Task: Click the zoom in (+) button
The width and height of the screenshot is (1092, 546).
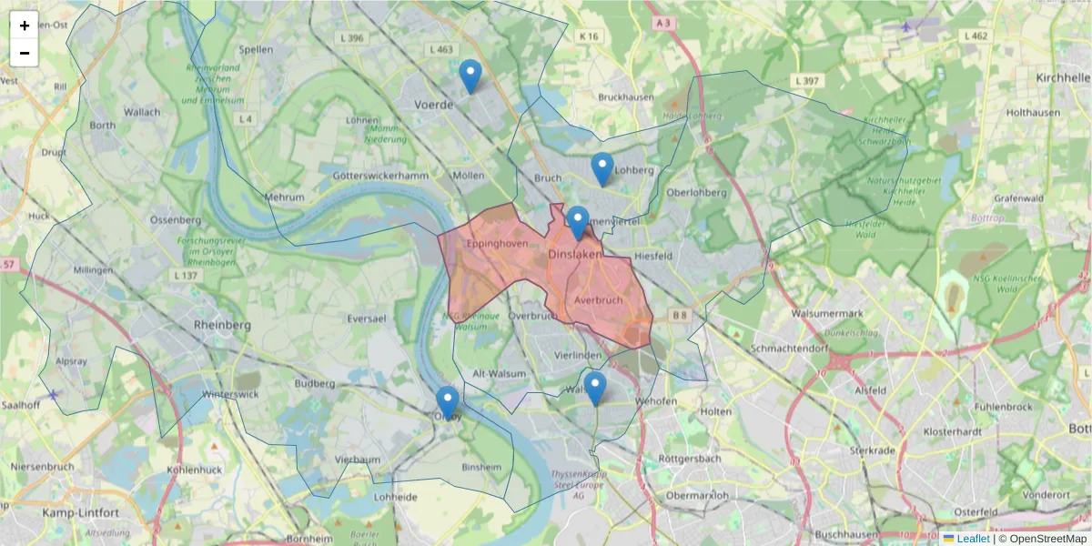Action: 25,25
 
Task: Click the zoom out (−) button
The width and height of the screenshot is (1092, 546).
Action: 25,53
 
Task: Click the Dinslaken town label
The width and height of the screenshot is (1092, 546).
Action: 575,256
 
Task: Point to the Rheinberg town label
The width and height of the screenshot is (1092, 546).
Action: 222,325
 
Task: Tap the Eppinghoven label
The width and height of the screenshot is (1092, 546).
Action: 497,245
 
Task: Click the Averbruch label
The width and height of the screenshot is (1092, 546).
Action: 599,299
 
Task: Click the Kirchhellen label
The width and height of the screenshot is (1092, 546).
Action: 1063,79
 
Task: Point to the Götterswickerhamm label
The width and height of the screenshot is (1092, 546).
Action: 380,175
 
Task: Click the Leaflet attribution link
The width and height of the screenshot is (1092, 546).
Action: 973,539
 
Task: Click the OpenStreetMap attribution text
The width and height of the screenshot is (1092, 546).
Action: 1042,539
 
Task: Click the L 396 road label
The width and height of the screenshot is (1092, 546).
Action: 349,38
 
